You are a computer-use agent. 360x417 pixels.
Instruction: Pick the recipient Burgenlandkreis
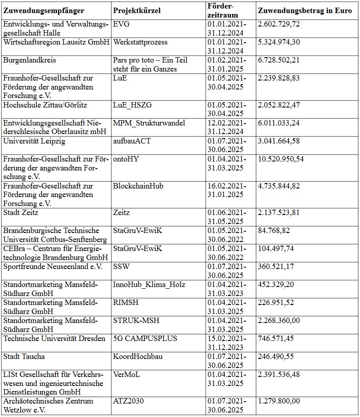(29, 60)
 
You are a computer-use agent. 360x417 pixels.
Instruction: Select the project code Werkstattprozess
(140, 42)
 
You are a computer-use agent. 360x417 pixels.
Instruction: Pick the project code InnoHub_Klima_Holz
(149, 284)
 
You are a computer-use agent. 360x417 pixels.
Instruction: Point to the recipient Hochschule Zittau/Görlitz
(45, 105)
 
